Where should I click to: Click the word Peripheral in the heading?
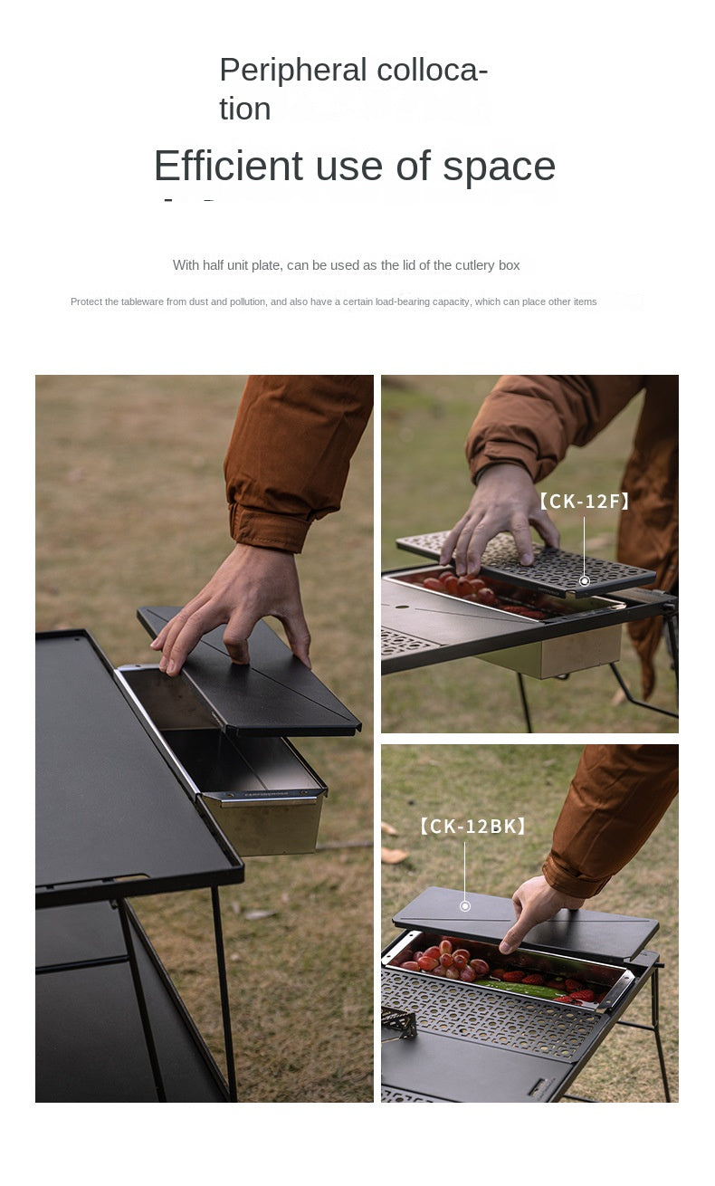pyautogui.click(x=291, y=71)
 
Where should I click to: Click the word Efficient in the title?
pyautogui.click(x=227, y=167)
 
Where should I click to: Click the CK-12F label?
pyautogui.click(x=584, y=501)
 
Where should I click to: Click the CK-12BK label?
pyautogui.click(x=472, y=826)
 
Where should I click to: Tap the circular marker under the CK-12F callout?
pyautogui.click(x=585, y=580)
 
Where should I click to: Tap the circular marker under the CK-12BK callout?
pyautogui.click(x=465, y=905)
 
